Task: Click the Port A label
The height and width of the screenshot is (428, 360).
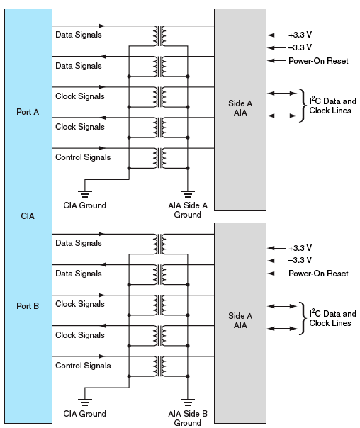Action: pos(28,111)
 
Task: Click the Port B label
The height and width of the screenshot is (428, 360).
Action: pos(28,306)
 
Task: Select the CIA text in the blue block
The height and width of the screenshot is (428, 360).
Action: pos(28,215)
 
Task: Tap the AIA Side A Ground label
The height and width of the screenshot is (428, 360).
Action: pos(188,210)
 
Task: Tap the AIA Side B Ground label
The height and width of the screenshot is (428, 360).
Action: pos(188,418)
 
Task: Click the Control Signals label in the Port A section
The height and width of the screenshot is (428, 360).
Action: pos(83,157)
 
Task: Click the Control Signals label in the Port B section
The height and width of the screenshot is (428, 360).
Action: pos(83,366)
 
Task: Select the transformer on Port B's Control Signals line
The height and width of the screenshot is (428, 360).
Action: pos(159,366)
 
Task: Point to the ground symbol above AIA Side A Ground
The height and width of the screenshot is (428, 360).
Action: pos(188,192)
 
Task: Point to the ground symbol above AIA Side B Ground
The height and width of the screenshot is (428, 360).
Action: pos(188,400)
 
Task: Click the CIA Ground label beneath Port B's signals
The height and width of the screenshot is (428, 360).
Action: pos(84,414)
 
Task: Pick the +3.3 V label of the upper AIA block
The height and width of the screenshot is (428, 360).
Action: pos(300,35)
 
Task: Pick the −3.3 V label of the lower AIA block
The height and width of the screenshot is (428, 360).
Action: pos(300,260)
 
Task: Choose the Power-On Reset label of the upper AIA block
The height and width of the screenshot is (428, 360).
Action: pos(318,61)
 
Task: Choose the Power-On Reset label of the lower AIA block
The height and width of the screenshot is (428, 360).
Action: pos(318,274)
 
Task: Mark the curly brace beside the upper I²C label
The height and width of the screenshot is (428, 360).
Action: pos(303,106)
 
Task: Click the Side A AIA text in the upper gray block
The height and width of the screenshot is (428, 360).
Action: pos(240,108)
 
